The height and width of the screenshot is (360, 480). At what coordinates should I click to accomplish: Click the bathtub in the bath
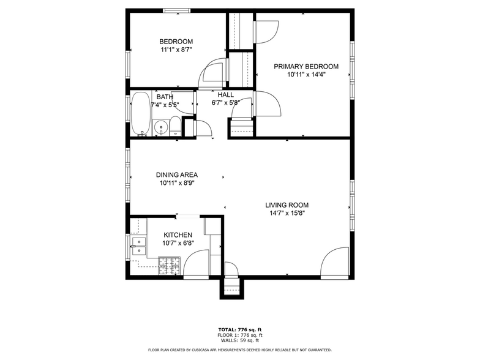point(141,114)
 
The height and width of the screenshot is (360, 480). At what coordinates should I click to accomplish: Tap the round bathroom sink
point(160,127)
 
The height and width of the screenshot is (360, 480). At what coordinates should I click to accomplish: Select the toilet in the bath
point(176,126)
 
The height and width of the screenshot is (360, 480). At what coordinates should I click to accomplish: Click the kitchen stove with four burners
point(169,266)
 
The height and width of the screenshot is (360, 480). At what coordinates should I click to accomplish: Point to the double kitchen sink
point(139,246)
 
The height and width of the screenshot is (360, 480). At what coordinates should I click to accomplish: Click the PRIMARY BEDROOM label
point(306,66)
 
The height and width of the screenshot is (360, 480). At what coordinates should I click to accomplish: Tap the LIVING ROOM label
point(287,205)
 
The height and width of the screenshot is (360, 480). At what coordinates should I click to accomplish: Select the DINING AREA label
point(177,175)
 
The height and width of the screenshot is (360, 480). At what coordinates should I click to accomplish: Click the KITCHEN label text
point(178,235)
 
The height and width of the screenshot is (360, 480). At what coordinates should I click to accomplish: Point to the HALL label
point(226,95)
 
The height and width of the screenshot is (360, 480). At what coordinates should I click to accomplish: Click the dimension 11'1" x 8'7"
point(176,50)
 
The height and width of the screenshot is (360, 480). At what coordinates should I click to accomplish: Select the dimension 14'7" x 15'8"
point(287,213)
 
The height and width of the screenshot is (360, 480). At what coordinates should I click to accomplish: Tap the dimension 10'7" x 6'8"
point(178,244)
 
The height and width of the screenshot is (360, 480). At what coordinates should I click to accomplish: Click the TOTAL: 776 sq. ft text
point(240,329)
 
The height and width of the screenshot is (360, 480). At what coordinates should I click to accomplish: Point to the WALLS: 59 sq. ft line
point(240,340)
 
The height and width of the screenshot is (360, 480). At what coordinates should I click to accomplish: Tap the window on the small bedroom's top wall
point(176,11)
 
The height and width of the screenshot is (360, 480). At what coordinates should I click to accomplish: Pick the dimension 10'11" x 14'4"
point(306,75)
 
